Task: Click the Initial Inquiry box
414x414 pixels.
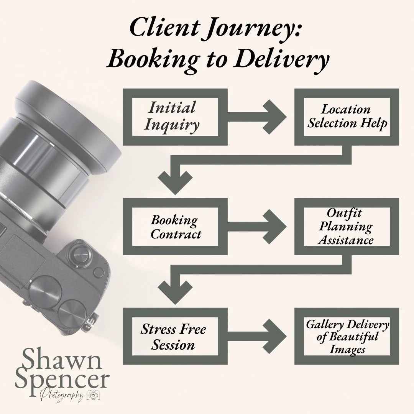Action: coord(175,117)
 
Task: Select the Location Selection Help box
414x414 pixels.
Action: coord(347,117)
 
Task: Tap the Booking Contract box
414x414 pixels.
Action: coord(175,227)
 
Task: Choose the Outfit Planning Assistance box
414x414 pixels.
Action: coord(347,227)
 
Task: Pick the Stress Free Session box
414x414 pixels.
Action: coord(175,336)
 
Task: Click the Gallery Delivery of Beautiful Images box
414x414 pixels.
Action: coord(347,336)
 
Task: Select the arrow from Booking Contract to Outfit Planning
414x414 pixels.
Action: coord(261,227)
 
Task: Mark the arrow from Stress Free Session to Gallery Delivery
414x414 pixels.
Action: coord(261,336)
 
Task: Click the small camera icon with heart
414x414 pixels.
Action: coord(94,395)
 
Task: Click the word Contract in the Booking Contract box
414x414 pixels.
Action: coord(176,234)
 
